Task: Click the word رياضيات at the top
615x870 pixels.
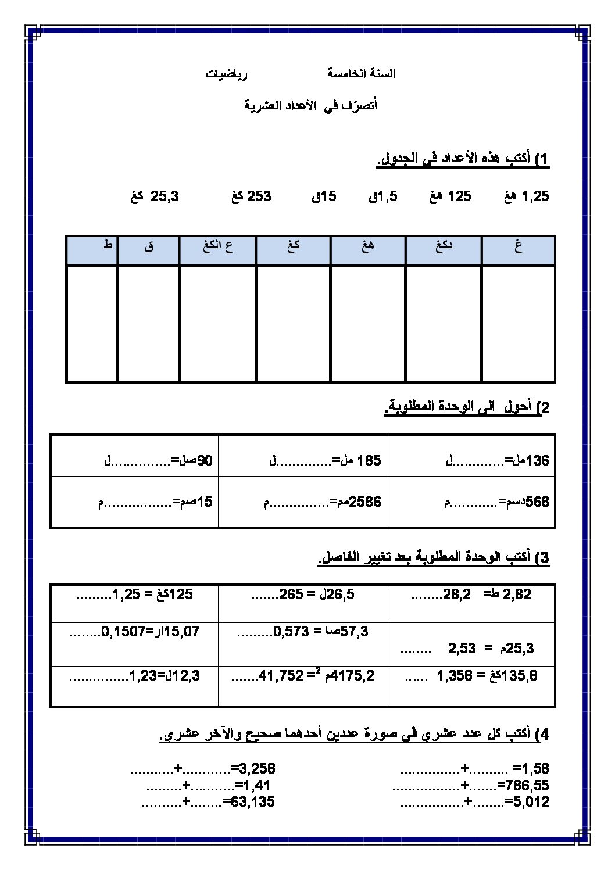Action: pyautogui.click(x=227, y=74)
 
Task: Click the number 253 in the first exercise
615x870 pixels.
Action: pyautogui.click(x=260, y=196)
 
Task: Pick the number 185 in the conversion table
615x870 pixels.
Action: pyautogui.click(x=369, y=461)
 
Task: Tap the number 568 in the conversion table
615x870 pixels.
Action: pyautogui.click(x=538, y=502)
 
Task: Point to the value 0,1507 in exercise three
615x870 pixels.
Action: pyautogui.click(x=123, y=631)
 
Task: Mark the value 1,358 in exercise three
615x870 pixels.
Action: pyautogui.click(x=455, y=675)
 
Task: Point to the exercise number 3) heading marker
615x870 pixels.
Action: pyautogui.click(x=544, y=558)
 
